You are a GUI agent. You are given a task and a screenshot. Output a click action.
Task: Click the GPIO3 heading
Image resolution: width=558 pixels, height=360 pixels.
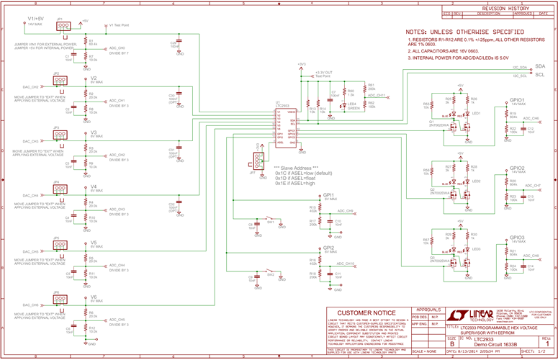pyautogui.click(x=517, y=237)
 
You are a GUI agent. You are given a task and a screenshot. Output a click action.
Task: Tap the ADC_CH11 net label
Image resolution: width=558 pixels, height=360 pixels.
pyautogui.click(x=377, y=94)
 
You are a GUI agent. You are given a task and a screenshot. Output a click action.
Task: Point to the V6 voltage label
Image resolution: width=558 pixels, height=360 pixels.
pyautogui.click(x=94, y=297)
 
